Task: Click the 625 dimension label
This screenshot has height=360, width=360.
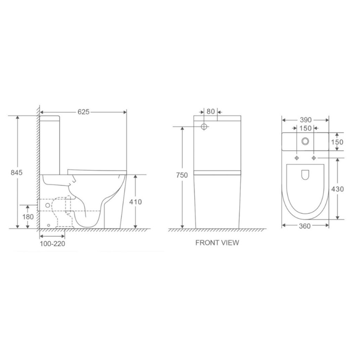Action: pyautogui.click(x=83, y=112)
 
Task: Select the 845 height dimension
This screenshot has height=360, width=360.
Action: pyautogui.click(x=17, y=172)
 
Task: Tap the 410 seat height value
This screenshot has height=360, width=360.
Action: pyautogui.click(x=135, y=202)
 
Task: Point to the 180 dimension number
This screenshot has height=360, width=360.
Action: pyautogui.click(x=28, y=217)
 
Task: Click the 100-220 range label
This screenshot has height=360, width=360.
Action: pyautogui.click(x=53, y=244)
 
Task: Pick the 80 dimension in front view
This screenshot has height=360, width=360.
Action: pyautogui.click(x=211, y=111)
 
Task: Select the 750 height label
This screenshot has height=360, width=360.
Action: pyautogui.click(x=182, y=175)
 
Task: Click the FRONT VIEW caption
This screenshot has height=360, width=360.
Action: pyautogui.click(x=217, y=243)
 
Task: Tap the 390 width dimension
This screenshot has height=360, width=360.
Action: pyautogui.click(x=306, y=120)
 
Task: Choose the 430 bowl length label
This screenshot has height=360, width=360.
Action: pyautogui.click(x=337, y=189)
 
